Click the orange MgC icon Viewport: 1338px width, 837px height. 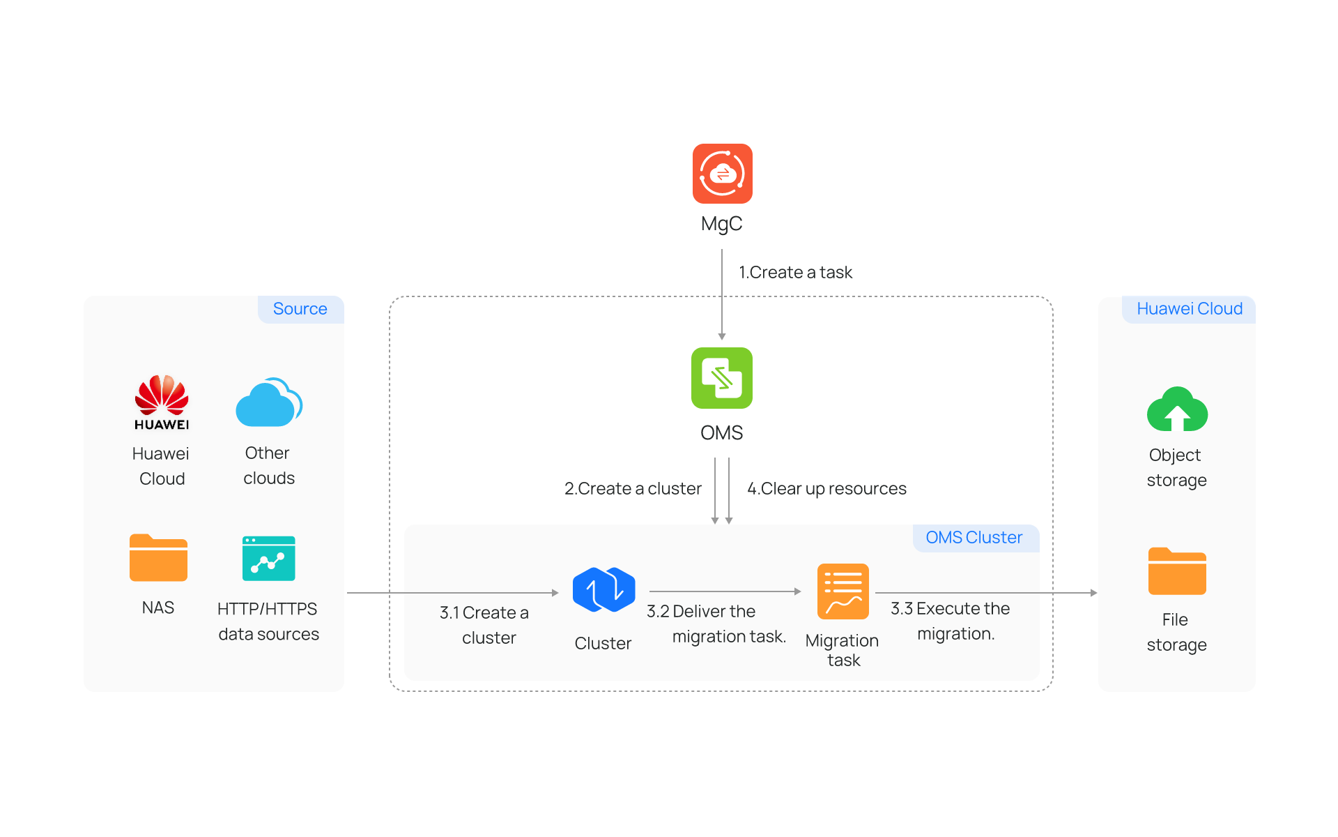722,174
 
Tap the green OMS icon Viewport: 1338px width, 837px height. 721,378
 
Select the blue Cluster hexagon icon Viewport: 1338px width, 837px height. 603,590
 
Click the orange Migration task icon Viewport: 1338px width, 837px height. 843,591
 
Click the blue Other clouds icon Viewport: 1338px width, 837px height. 269,402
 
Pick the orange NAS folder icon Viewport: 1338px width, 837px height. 158,557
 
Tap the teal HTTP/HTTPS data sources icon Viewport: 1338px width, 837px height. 268,558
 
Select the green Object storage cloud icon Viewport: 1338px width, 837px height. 1177,409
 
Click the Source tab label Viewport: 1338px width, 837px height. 300,309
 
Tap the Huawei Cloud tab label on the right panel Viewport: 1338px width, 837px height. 1189,309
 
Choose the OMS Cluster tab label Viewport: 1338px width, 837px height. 974,538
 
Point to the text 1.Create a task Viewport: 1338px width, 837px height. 795,273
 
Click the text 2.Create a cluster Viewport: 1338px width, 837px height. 633,489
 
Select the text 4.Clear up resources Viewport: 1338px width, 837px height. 826,489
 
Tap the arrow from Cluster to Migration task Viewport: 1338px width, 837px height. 725,591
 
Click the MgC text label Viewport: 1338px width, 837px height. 722,224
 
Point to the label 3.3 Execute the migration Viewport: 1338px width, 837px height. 951,621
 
